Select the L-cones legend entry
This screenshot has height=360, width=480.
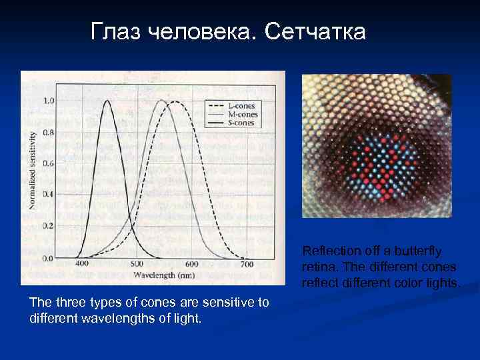[241, 105]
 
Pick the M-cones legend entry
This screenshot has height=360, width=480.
[241, 114]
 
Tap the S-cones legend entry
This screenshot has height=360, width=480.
[241, 123]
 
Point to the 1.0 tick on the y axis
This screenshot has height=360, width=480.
[49, 101]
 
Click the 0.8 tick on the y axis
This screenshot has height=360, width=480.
[49, 132]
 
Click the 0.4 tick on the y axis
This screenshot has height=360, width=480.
[49, 195]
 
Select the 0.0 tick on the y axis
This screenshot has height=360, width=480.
[49, 257]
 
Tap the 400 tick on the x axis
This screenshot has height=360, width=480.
[81, 264]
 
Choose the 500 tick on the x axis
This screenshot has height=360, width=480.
[137, 264]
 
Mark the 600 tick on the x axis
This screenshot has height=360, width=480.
[192, 264]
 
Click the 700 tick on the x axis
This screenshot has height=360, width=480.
[247, 264]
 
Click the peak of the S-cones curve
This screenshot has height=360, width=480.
[107, 101]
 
